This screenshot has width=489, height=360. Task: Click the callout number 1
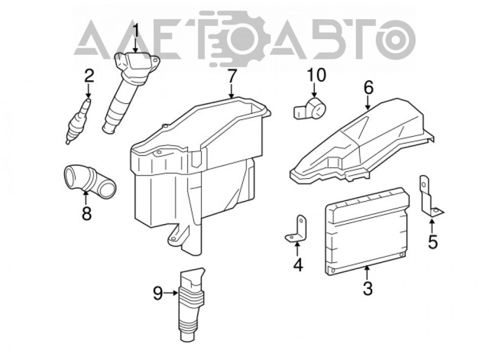tap(136, 32)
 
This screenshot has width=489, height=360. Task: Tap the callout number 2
tap(89, 76)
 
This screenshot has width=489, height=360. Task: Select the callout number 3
tap(368, 288)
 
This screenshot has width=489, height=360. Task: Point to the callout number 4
tap(298, 265)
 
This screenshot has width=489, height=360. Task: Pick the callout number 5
tap(432, 242)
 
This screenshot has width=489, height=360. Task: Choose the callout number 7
tap(231, 76)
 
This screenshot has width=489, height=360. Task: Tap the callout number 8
tap(86, 214)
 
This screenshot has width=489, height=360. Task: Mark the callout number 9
tap(158, 294)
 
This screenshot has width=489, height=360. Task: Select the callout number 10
tap(316, 75)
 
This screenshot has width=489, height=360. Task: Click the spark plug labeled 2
tap(79, 121)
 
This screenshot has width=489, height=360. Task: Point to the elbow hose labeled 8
tap(90, 182)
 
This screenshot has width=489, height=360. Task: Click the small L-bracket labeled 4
tap(296, 229)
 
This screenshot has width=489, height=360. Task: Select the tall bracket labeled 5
tap(429, 196)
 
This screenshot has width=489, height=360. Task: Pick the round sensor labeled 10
tap(310, 111)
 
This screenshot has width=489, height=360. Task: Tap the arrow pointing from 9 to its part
tap(171, 293)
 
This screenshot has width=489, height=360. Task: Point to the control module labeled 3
tap(366, 231)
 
